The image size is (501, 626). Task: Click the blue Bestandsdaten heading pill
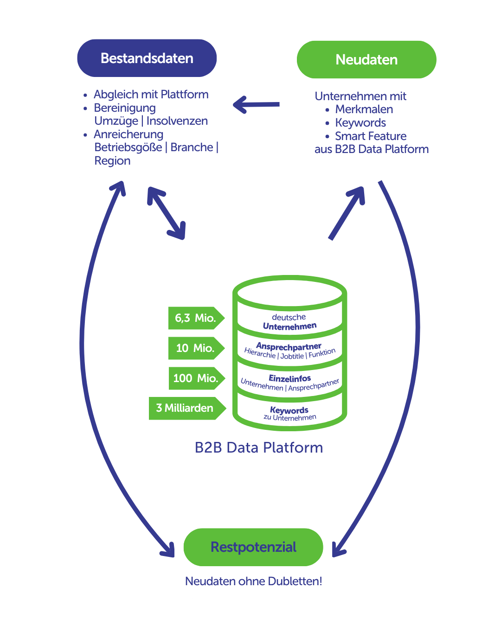(x=147, y=58)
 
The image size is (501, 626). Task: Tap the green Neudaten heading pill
(x=366, y=60)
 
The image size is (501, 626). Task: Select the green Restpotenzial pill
(x=253, y=547)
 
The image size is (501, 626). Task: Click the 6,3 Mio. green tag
(x=195, y=318)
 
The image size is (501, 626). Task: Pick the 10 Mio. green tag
(x=195, y=348)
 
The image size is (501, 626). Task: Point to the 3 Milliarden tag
(x=185, y=408)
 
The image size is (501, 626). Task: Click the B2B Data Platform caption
(x=259, y=447)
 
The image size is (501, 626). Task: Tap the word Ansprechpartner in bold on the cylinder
(x=289, y=346)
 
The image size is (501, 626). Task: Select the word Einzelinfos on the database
(x=290, y=378)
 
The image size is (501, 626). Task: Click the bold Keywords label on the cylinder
(x=289, y=410)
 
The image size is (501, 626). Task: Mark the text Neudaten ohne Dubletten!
(x=253, y=581)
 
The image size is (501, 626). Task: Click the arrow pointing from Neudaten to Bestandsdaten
(x=257, y=105)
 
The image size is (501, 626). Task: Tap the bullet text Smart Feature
(x=371, y=136)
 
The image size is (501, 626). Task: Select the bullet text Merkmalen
(x=364, y=109)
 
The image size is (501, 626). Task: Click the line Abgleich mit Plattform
(x=151, y=95)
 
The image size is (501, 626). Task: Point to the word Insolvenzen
(x=177, y=121)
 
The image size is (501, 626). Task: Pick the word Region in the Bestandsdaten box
(x=112, y=161)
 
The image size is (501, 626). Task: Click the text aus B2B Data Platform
(x=372, y=149)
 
